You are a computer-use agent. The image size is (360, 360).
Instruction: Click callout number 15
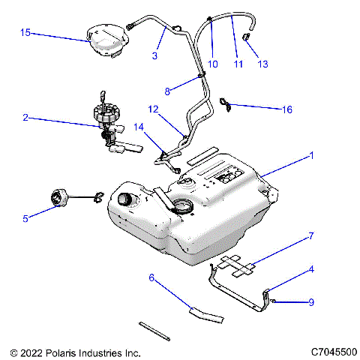click(x=25, y=33)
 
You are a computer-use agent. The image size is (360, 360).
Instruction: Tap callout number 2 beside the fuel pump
click(x=25, y=118)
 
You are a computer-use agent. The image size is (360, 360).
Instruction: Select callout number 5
click(x=25, y=219)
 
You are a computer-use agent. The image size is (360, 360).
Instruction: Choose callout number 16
click(x=286, y=109)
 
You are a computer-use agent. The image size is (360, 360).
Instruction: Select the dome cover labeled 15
click(x=106, y=40)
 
